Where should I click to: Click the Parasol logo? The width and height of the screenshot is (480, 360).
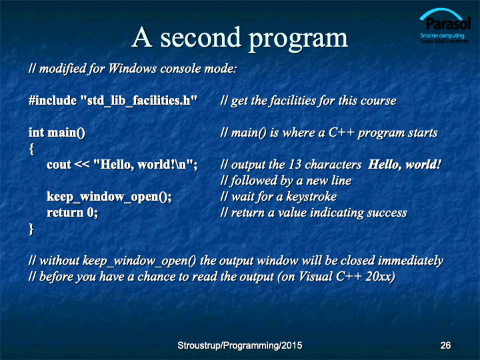pos(445,26)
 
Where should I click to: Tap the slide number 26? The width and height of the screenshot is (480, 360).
pos(445,345)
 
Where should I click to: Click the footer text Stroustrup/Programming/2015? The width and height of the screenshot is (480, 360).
pos(240,345)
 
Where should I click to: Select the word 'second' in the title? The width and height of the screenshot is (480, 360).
pos(201,37)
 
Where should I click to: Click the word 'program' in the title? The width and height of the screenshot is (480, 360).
pos(298,40)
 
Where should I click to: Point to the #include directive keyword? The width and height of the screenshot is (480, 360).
pos(53,101)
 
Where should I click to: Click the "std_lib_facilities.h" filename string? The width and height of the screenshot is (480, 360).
pos(139,101)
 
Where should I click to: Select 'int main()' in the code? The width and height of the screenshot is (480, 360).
pos(57,133)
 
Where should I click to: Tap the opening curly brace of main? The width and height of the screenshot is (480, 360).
pos(31,149)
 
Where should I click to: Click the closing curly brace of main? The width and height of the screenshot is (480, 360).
pos(31,229)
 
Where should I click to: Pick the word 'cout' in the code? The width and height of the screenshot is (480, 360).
pos(59,165)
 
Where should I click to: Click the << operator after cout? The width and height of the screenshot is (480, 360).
pos(82,165)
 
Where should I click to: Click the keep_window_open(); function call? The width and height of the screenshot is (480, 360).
pos(109,197)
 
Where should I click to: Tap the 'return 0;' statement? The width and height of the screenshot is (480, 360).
pos(72,213)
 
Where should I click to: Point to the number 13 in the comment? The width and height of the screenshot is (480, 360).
pos(295,165)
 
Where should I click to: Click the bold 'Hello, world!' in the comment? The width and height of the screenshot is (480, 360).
pos(405,165)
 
